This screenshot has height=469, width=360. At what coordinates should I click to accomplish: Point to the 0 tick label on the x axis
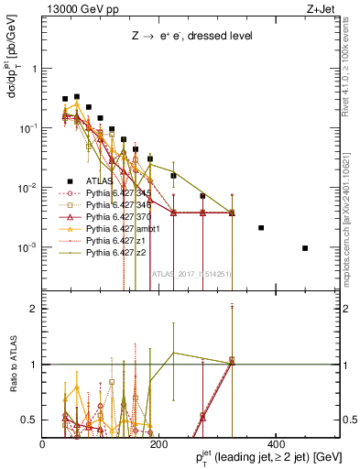tap(43, 444)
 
